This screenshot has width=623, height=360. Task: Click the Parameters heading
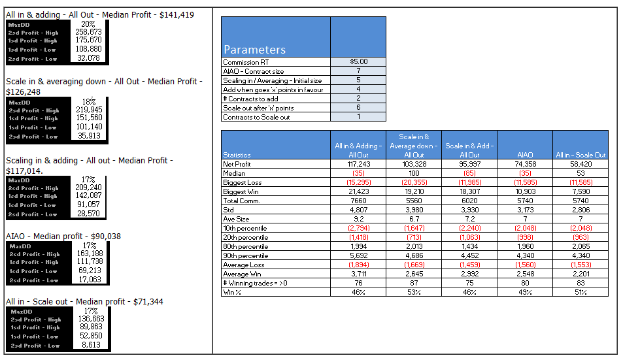click(254, 50)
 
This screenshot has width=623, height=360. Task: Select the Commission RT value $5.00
click(358, 61)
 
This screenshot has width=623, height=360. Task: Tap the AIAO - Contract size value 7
click(358, 71)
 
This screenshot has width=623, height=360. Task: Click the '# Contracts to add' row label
click(250, 99)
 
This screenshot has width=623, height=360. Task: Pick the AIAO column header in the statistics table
click(525, 155)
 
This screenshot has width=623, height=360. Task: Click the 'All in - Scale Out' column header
click(581, 155)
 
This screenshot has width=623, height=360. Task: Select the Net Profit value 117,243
click(358, 164)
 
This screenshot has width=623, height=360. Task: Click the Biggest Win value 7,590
click(581, 191)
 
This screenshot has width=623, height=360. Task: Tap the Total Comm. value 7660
click(358, 201)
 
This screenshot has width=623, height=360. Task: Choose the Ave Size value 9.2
click(358, 219)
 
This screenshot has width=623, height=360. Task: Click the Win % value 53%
click(414, 292)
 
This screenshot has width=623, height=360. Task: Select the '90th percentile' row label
click(246, 255)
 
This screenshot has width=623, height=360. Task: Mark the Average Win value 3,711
click(358, 274)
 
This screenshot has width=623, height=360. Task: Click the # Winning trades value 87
click(414, 283)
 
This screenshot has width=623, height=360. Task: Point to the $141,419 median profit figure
click(177, 15)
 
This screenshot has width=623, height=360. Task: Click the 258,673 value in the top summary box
click(89, 32)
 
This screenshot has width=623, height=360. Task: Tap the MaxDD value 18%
click(89, 102)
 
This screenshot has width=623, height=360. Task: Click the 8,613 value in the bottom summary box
click(91, 345)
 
